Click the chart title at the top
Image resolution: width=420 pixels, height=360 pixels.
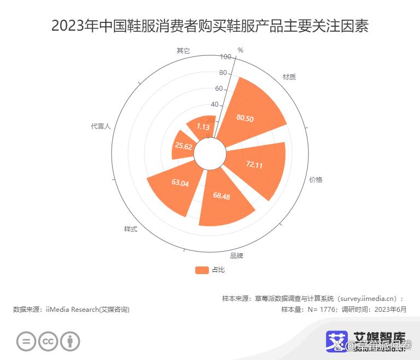tap(210, 26)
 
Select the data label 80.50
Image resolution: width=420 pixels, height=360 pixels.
tap(244, 118)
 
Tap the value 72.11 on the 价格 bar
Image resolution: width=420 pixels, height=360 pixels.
tap(254, 165)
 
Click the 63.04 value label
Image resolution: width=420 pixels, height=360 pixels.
tap(180, 183)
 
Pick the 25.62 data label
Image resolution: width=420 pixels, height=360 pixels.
tap(183, 146)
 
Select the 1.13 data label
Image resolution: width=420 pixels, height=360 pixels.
tap(203, 127)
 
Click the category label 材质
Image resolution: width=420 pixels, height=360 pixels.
tap(289, 77)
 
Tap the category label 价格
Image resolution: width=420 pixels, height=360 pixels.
tap(316, 179)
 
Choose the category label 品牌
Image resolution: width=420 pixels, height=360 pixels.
tap(237, 256)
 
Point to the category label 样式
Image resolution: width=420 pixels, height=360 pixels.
tap(131, 229)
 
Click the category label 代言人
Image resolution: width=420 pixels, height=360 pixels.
tap(101, 126)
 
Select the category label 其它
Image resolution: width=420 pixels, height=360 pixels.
tap(183, 50)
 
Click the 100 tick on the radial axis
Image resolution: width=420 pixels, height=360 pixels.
tap(225, 57)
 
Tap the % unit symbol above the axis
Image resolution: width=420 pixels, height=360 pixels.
tap(240, 50)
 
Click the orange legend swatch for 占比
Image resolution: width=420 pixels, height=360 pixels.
tap(202, 270)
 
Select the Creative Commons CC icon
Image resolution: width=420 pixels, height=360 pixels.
tap(48, 341)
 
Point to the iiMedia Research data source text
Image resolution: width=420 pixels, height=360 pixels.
tap(72, 310)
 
